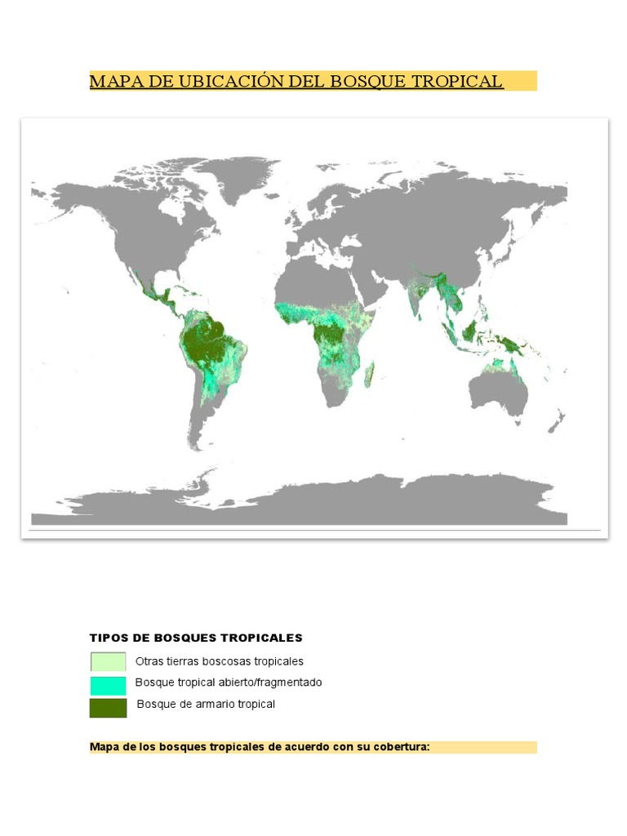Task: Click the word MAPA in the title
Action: pos(110,82)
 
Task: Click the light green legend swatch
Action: pos(108,661)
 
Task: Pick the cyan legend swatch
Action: pos(108,684)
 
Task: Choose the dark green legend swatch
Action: pos(108,707)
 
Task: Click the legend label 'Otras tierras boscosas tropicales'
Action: pos(220,661)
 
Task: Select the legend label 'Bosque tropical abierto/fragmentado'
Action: pos(229,683)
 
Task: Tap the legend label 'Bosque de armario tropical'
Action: pos(206,704)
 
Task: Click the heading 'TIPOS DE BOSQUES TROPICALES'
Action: pos(196,638)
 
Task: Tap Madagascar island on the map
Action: pos(371,375)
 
